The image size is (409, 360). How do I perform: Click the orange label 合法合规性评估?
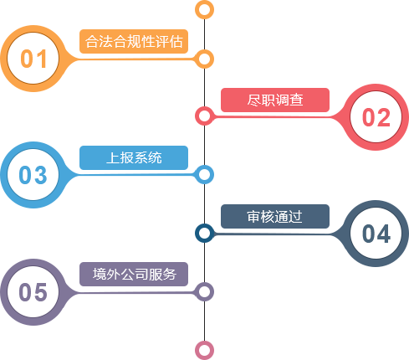click(x=134, y=41)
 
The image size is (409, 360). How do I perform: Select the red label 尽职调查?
click(x=275, y=100)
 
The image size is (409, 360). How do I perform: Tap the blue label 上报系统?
click(x=134, y=157)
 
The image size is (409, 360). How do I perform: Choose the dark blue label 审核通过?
click(x=275, y=216)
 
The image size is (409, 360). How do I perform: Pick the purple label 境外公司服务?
click(x=134, y=274)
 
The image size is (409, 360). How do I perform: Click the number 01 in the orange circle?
click(x=33, y=59)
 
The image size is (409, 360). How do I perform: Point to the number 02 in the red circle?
click(x=376, y=117)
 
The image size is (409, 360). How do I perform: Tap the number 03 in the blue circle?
click(x=33, y=175)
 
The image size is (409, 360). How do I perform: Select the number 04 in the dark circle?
click(x=376, y=234)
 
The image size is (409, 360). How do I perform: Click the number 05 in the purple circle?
click(x=33, y=292)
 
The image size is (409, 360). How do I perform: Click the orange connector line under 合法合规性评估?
click(x=134, y=59)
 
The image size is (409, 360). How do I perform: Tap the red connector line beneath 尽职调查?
click(x=274, y=117)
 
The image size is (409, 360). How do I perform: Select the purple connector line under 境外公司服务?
click(x=134, y=292)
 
